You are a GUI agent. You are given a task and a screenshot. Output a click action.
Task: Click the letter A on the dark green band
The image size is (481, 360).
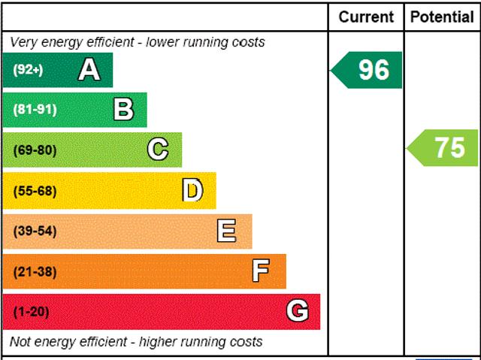pos(89,70)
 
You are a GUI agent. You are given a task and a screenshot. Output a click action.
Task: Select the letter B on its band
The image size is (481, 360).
pos(123,110)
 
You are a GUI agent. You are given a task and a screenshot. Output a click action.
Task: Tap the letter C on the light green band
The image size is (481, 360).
pos(158,150)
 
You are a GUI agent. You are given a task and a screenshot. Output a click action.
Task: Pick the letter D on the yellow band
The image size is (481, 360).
pos(192,191)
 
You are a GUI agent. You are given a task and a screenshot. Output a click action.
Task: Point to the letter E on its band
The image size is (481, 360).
pos(226,231)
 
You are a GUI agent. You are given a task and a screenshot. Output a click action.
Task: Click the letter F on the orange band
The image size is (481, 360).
pos(261,271)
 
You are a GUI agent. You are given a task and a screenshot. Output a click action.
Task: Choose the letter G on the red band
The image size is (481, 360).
pos(297,311)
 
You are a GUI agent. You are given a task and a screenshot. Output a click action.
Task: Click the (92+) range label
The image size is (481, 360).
pos(29,70)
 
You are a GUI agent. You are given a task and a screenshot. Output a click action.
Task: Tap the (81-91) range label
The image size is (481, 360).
pos(35,110)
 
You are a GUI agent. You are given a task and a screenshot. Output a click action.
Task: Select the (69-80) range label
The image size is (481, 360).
pos(35,150)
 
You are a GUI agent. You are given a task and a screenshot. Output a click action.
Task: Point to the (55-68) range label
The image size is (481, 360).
pos(35,191)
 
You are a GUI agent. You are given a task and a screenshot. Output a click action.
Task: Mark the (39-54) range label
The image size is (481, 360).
pos(35,231)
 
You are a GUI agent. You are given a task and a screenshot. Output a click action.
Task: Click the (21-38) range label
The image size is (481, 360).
pos(35,271)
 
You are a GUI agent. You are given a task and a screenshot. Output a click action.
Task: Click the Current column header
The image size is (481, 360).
pos(366,17)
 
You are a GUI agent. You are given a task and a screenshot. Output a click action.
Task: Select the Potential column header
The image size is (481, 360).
pos(442,17)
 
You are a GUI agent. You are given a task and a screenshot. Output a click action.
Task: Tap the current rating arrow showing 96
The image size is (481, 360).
pos(368,70)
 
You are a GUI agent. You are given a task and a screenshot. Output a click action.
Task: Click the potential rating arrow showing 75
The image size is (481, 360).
pos(443,147)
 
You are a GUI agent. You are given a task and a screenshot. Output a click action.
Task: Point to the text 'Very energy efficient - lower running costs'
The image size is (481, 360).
pos(138,42)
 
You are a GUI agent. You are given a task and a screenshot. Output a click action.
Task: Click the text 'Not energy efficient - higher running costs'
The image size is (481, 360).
pos(137,342)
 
